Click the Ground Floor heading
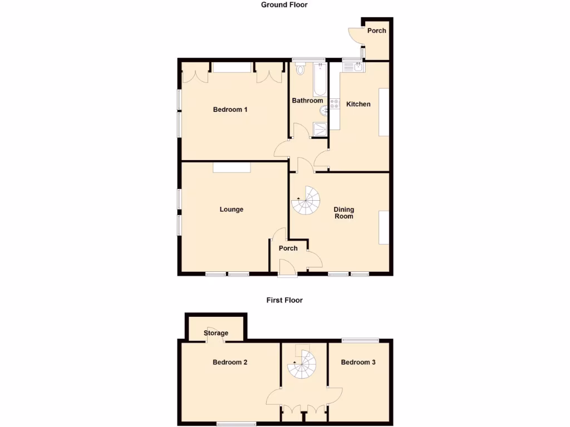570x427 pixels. click(284, 5)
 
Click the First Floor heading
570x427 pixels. click(284, 300)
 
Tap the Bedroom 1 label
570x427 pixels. click(230, 110)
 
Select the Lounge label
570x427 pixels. click(232, 210)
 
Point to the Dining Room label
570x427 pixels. click(343, 213)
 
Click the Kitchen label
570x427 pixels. click(358, 104)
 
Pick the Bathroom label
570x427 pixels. click(307, 101)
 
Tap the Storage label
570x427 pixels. click(215, 333)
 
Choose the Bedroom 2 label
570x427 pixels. click(230, 363)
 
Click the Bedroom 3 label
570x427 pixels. click(358, 363)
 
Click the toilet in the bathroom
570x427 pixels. click(301, 69)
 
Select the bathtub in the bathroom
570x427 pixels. click(320, 80)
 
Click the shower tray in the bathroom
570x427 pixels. click(321, 129)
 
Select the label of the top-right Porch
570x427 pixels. click(376, 31)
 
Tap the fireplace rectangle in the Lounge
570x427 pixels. click(232, 167)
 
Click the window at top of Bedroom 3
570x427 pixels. click(360, 340)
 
